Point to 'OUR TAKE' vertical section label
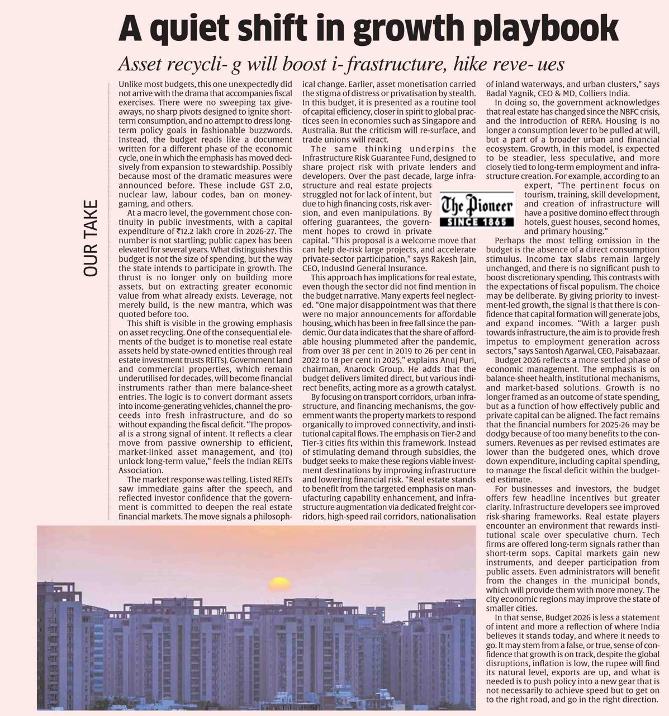point(91,238)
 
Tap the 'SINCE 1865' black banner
point(477,222)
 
